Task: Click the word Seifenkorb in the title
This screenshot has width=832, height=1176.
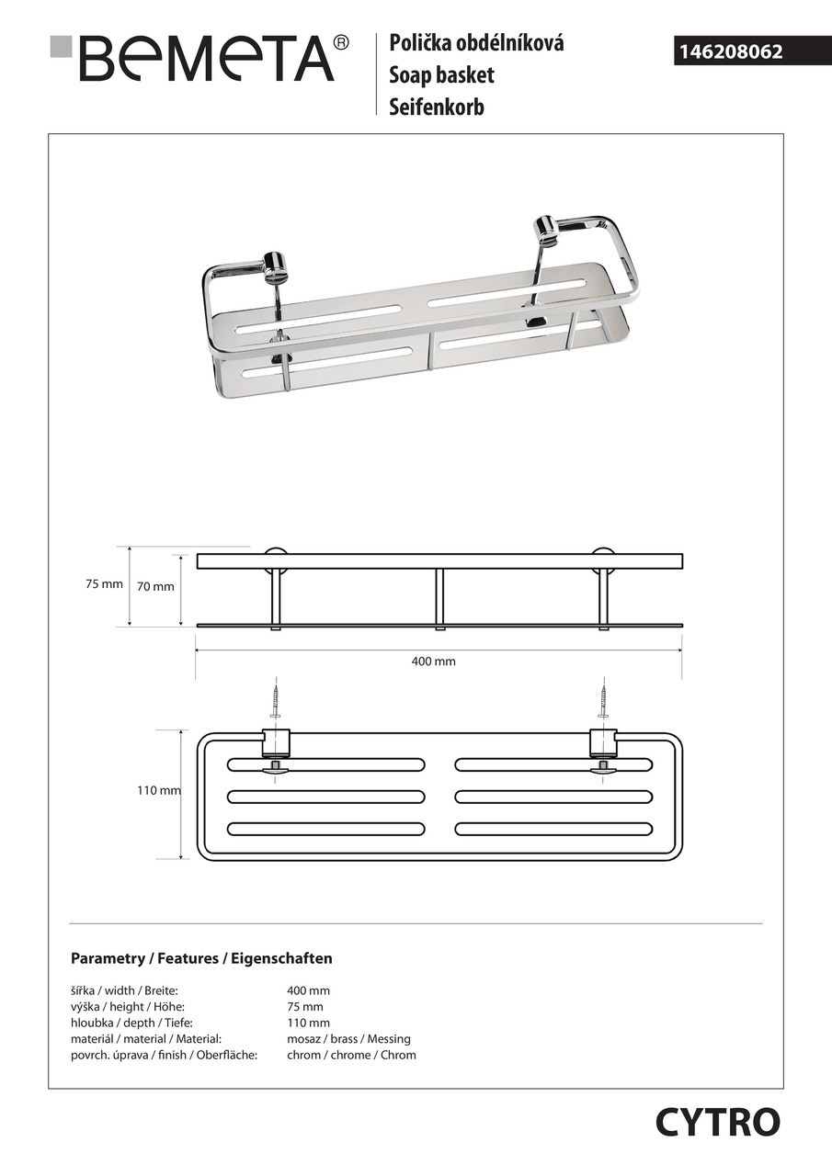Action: (436, 107)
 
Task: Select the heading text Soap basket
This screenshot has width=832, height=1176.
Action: (441, 74)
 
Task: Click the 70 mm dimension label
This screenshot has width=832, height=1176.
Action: (155, 587)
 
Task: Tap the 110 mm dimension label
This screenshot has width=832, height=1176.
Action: (158, 790)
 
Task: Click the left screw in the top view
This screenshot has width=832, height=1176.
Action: (275, 702)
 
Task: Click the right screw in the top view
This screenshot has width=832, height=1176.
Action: (603, 702)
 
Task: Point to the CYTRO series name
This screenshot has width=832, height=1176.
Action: (717, 1122)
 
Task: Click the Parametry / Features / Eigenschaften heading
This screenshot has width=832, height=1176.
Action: (201, 958)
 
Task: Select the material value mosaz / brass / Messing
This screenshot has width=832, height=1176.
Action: (348, 1039)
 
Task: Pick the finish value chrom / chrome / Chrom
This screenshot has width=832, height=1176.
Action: (351, 1055)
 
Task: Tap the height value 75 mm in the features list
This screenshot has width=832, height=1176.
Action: (305, 1007)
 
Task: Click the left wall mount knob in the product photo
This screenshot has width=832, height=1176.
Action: (275, 266)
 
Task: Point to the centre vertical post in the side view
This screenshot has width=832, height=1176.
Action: (439, 598)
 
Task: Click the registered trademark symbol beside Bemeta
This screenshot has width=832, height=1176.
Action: (341, 42)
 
